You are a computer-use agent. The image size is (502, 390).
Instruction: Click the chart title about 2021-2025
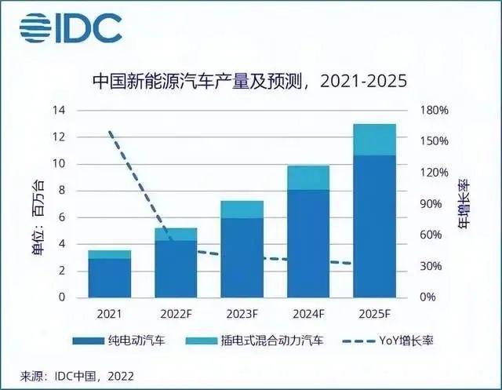250,82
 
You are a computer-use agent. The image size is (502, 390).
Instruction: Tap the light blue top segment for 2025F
374,140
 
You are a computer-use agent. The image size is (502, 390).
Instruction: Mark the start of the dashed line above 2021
109,132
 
